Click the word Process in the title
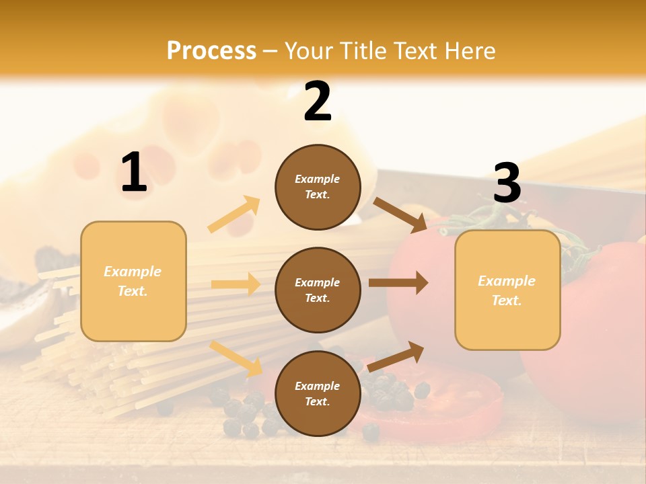coord(211,51)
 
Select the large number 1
coord(134,173)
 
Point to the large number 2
coord(318,102)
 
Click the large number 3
coord(507,184)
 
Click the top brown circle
coord(318,187)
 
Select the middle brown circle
coord(318,290)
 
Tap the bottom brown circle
coord(318,394)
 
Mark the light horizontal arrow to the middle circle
coord(236,284)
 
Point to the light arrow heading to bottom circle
coord(236,358)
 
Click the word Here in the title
coord(470,51)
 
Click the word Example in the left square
coord(133,272)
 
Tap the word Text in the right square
coord(506,300)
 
